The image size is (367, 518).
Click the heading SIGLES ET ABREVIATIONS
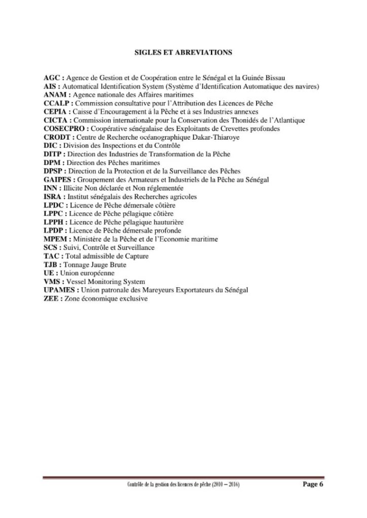(183, 52)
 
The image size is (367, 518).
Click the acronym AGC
(52, 77)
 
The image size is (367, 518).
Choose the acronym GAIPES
(58, 180)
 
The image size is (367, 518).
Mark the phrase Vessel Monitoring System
(105, 282)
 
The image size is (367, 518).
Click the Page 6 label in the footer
(312, 484)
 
